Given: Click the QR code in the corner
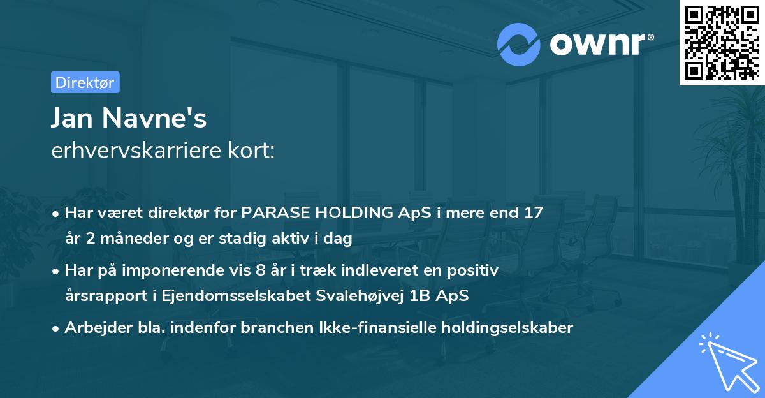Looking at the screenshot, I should [722, 42].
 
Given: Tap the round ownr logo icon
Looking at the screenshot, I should [519, 44].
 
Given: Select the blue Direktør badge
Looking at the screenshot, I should [84, 82].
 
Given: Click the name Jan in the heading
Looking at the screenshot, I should [73, 119].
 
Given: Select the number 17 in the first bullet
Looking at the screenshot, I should [534, 213].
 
